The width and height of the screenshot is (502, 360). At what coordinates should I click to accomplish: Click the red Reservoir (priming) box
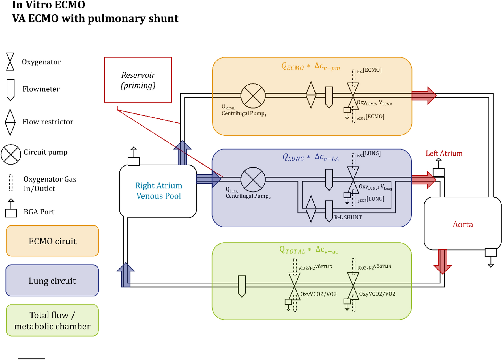pos(138,80)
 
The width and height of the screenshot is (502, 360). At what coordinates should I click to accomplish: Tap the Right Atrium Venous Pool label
pos(158,191)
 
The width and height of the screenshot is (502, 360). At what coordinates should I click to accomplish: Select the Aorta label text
pos(463,224)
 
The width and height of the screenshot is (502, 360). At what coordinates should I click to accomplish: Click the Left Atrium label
pos(444,153)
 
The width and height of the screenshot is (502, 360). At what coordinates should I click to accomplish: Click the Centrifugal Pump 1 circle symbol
pos(253,96)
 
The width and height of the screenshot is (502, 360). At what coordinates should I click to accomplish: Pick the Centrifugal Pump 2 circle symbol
pos(253,179)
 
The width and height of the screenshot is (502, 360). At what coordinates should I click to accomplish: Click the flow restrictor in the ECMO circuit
pos(311,95)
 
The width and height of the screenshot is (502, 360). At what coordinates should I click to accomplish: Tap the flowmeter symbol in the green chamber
pos(242,286)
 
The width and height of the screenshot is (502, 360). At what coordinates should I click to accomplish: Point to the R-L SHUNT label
pos(348,217)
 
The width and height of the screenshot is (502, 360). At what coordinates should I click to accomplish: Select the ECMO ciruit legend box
pos(52,241)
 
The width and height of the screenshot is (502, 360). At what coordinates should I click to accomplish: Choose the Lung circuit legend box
pos(52,281)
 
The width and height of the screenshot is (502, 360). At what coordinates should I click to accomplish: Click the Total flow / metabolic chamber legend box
pos(52,320)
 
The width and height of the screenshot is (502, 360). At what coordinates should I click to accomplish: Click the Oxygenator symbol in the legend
pos(10,61)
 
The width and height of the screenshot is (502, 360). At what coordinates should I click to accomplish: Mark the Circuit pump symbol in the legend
pos(11,154)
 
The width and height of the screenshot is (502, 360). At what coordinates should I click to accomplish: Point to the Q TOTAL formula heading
pos(308,250)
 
